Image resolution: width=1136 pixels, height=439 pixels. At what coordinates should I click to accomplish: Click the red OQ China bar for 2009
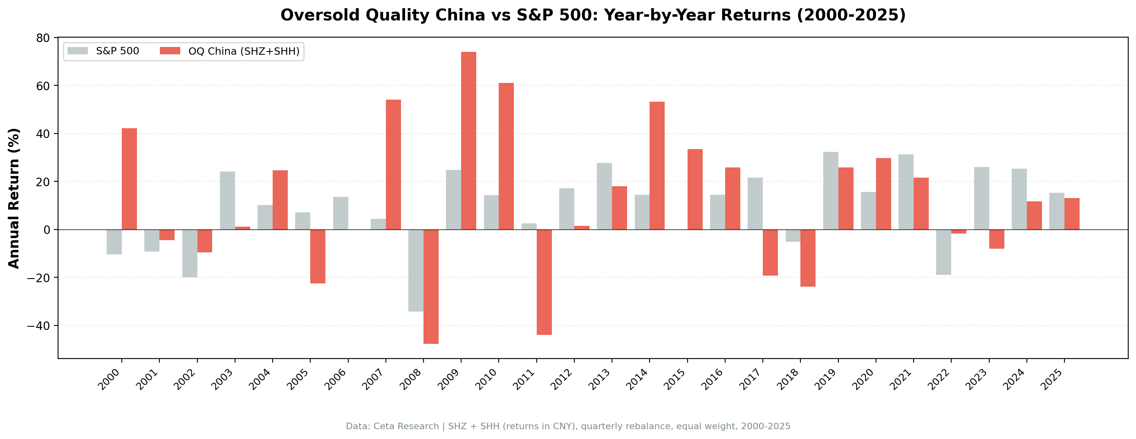[468, 140]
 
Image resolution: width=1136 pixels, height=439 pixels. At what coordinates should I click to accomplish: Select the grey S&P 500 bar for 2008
[415, 270]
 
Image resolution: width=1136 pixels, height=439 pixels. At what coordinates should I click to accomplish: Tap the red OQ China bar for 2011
[544, 282]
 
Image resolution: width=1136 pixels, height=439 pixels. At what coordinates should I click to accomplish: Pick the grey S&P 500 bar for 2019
[830, 190]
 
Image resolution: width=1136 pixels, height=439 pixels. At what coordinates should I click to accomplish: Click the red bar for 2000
[129, 178]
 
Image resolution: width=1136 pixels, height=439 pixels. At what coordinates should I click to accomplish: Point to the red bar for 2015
[695, 189]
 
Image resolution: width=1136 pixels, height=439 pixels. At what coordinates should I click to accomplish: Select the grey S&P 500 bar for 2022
[943, 252]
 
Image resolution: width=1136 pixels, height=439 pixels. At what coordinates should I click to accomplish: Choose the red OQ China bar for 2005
[318, 256]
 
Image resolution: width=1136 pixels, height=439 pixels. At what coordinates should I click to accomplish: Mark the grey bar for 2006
[341, 213]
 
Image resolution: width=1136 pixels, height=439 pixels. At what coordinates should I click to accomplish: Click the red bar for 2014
[657, 165]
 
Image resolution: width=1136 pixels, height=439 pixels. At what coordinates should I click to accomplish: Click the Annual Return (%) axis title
[14, 198]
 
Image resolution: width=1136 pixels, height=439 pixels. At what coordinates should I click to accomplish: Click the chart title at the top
[593, 15]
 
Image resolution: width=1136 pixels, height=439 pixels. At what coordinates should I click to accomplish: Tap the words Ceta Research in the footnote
[405, 426]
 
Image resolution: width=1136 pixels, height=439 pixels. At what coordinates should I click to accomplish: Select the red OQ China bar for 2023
[996, 239]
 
